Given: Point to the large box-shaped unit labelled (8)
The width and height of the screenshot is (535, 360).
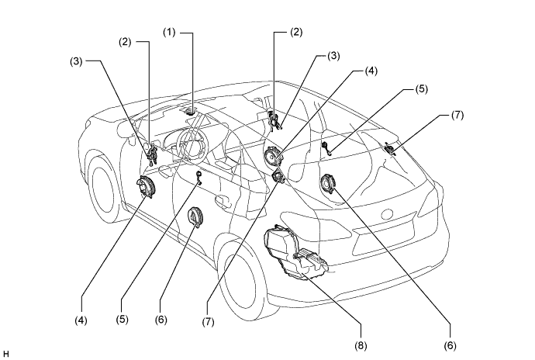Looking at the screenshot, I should click(x=295, y=253).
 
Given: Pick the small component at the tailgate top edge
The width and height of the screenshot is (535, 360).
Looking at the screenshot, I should click(x=390, y=148).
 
